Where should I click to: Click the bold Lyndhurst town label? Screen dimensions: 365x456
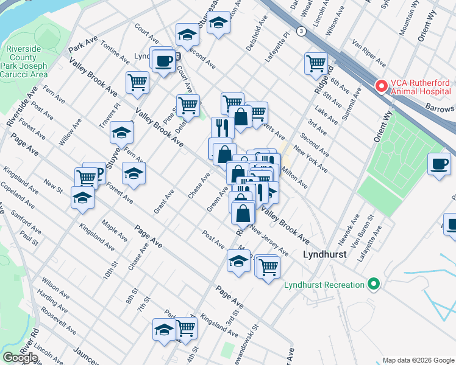click(324, 255)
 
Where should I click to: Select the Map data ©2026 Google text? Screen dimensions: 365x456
click(418, 360)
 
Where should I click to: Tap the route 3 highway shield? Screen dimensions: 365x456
click(301, 30)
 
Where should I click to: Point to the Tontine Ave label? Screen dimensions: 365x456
click(116, 52)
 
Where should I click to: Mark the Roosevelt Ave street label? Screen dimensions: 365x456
click(59, 319)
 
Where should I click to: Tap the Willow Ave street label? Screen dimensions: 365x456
click(70, 133)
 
